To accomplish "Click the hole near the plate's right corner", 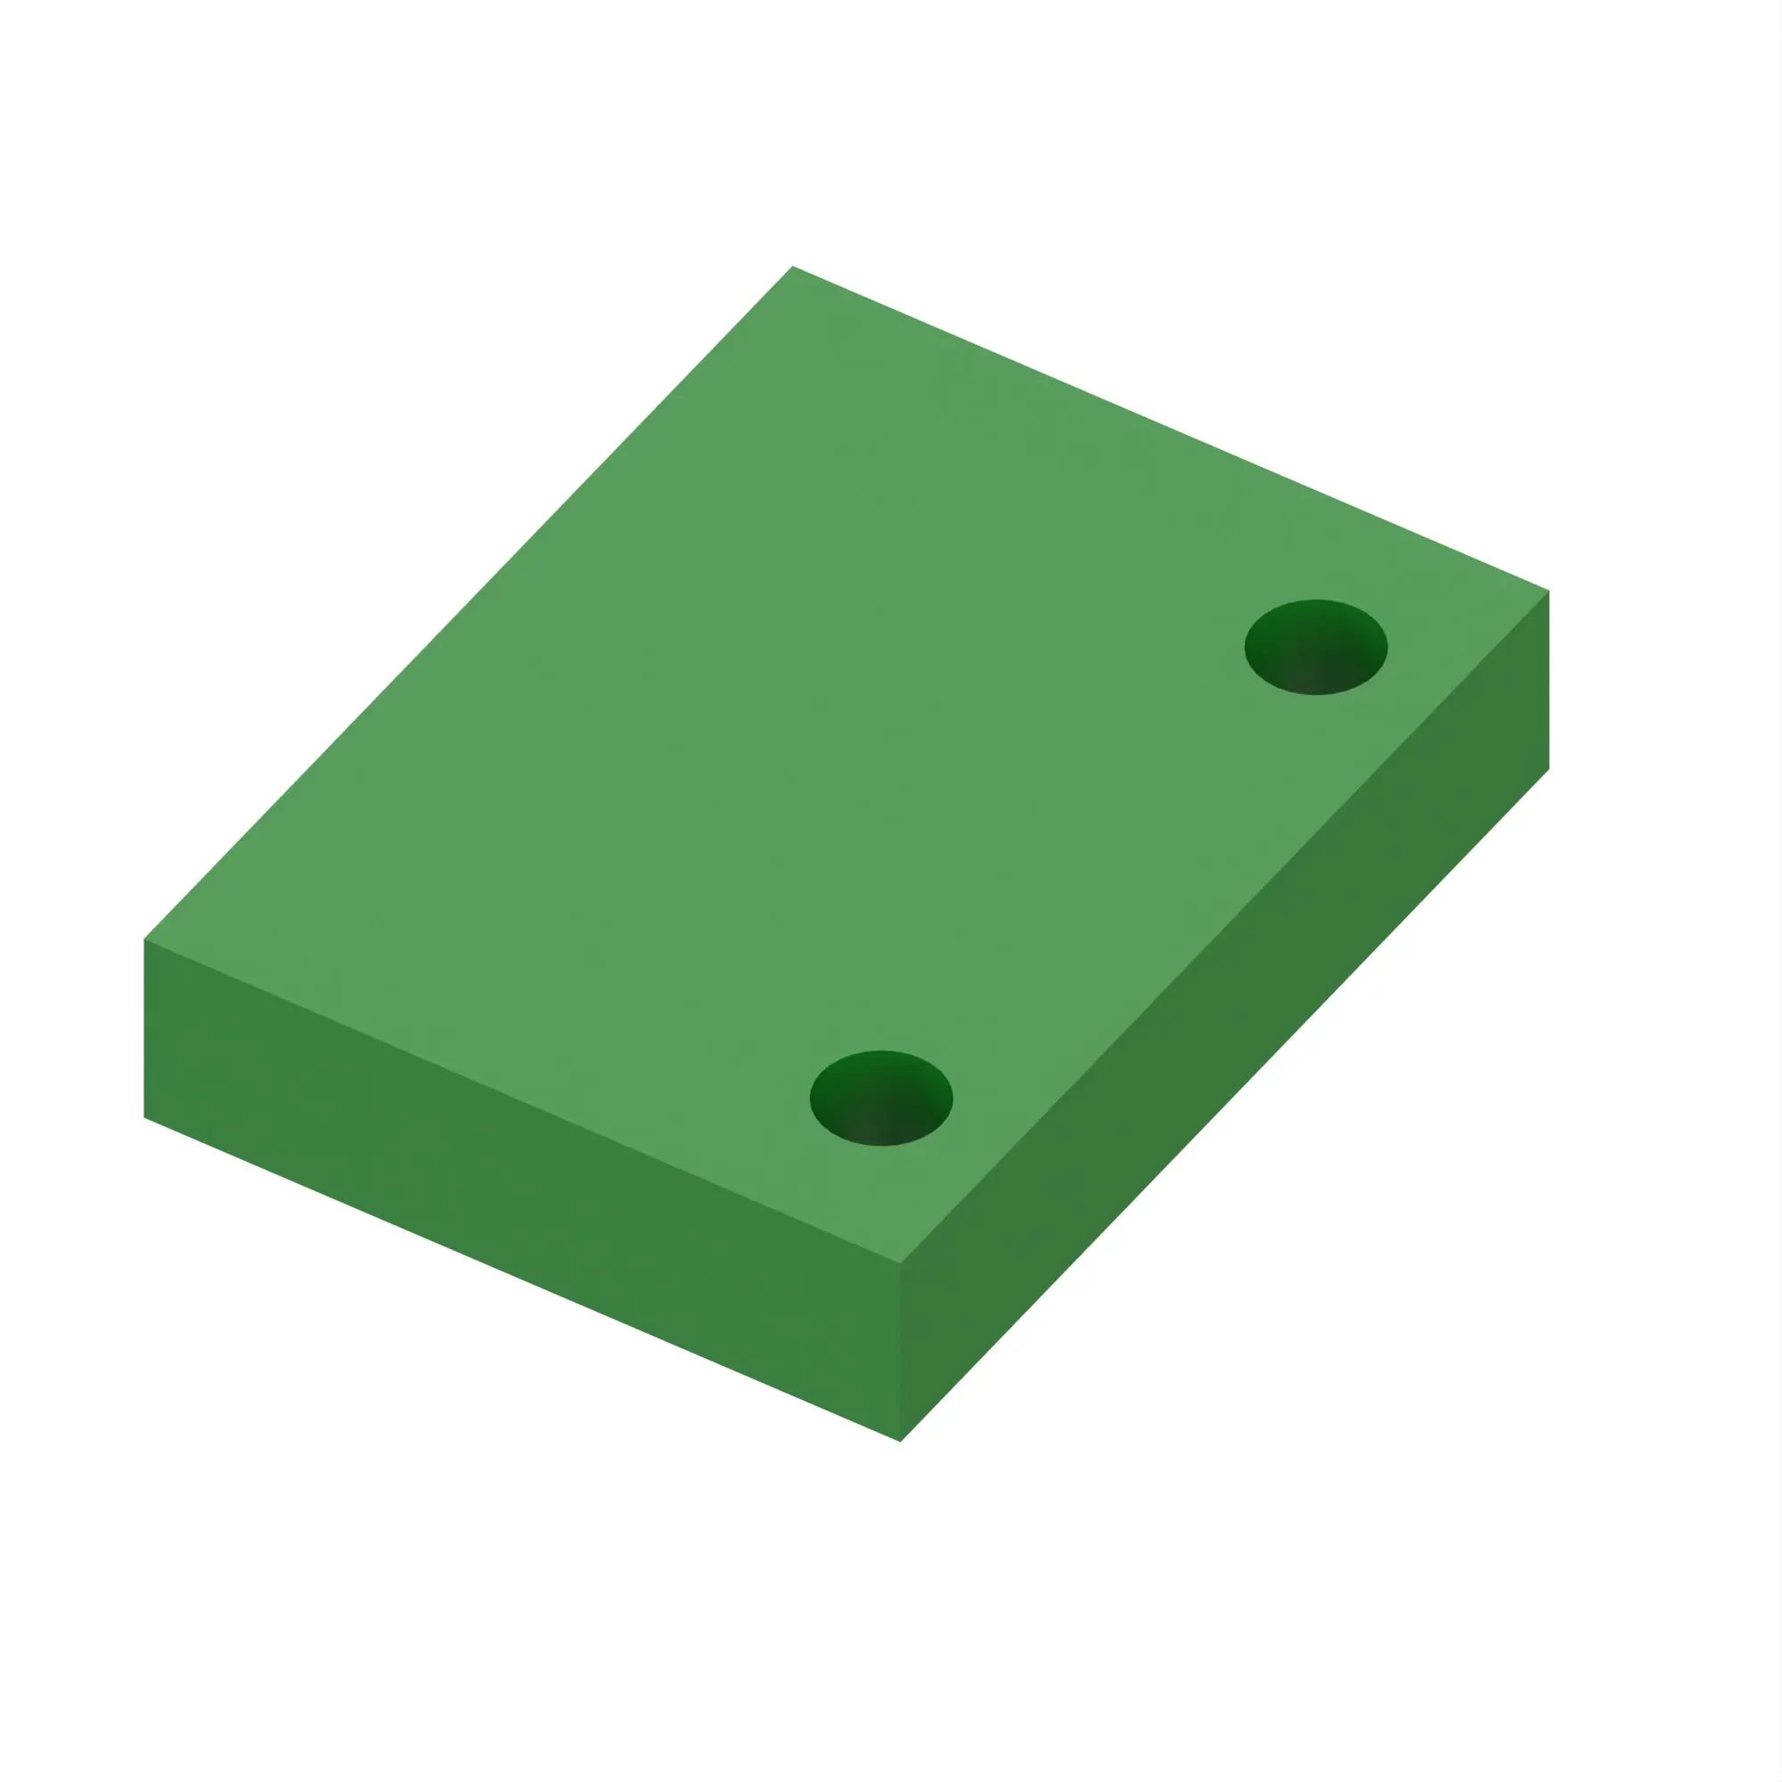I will coord(1315,647).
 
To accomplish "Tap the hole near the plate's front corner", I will coord(881,1098).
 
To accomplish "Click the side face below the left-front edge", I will coord(517,1189).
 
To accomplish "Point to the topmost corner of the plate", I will coord(792,266).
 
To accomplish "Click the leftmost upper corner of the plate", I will coord(145,940).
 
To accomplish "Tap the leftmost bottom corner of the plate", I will coord(145,1117).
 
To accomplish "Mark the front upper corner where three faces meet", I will coord(900,1263).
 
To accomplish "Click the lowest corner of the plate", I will coord(900,1441).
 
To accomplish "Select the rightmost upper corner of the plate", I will coord(1549,591).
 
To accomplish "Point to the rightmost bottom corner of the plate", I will coord(1549,768).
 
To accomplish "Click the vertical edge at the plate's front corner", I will coord(900,1352).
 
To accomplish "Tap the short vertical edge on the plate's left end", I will coord(145,1028).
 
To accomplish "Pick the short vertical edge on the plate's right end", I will coord(1549,680).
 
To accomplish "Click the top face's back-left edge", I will coord(469,603).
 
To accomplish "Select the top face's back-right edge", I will coord(1171,429).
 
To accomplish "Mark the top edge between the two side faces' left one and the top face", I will coord(522,1101).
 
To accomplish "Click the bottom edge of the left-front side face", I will coord(522,1279).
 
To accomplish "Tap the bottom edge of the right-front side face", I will coord(1225,1104).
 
